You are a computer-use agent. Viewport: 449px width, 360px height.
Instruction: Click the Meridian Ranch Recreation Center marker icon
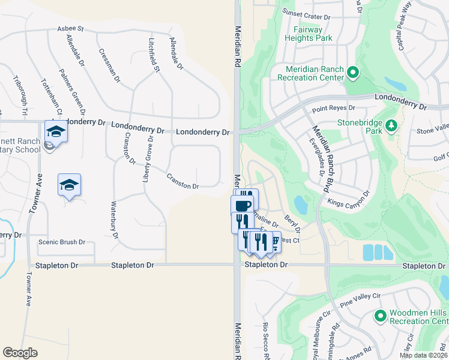point(353,74)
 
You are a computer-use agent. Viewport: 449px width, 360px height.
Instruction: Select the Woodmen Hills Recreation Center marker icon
point(379,316)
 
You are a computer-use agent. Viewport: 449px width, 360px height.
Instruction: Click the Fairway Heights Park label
point(313,34)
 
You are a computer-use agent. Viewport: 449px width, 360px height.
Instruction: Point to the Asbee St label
point(70,28)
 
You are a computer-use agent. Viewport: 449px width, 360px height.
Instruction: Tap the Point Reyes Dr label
point(334,109)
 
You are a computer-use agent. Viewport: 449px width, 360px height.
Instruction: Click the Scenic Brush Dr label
point(61,242)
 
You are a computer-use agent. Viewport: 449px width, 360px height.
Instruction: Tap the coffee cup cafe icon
point(242,206)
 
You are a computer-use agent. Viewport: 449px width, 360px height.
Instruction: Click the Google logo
point(20,353)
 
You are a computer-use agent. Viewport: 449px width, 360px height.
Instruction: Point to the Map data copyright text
point(423,355)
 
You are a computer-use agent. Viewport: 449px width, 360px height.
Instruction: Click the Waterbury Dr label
point(112,217)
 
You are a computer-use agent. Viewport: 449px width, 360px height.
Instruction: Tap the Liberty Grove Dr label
point(148,160)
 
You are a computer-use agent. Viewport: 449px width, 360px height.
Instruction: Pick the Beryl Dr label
point(292,223)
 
